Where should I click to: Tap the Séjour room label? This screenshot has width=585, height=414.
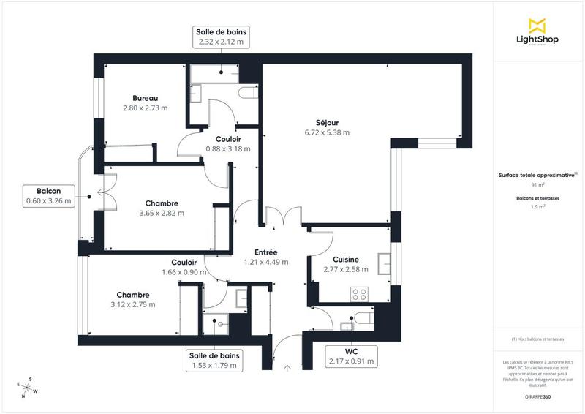point(327,127)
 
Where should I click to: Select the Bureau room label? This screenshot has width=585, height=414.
point(145,103)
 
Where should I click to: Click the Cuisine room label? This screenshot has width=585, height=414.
point(345,265)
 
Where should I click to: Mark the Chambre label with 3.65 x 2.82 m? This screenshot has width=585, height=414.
point(162,208)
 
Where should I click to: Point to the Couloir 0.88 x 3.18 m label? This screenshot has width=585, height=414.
point(228,143)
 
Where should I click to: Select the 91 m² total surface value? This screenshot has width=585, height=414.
point(538,186)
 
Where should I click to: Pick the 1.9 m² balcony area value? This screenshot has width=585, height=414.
point(538,207)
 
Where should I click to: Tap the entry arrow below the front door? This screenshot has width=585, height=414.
point(287,369)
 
